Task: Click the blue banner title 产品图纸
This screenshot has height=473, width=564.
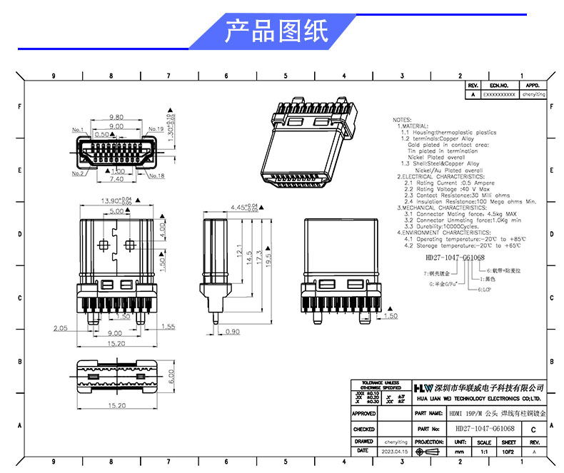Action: [276, 31]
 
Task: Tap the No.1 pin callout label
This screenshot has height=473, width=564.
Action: [78, 130]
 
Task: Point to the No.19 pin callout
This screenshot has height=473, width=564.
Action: [156, 130]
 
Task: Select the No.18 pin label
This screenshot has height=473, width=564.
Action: [156, 176]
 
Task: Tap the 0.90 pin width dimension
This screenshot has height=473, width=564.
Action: [233, 332]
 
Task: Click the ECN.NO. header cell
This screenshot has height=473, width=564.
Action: [498, 85]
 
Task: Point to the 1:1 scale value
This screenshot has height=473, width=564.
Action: [485, 452]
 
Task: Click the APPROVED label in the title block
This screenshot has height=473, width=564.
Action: [364, 414]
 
